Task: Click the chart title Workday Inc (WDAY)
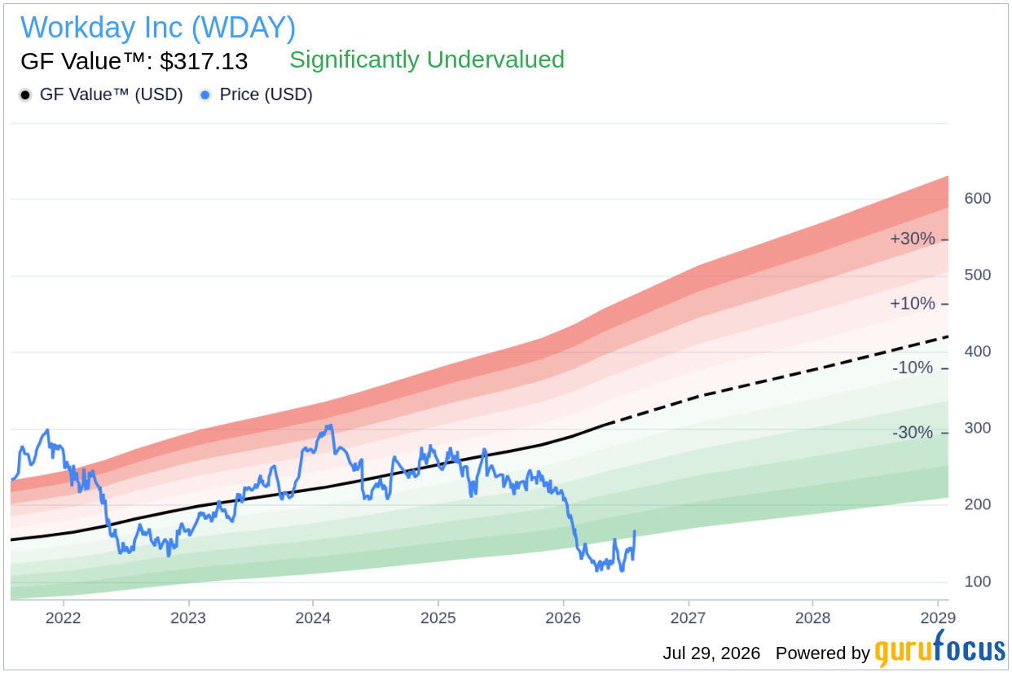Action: [158, 28]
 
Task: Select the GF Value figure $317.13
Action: [204, 61]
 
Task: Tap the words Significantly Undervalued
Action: [427, 59]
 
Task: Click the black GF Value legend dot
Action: [25, 95]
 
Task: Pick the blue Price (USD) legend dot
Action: [205, 95]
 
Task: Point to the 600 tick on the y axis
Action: [978, 198]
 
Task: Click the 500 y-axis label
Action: [978, 275]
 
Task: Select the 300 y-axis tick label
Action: [978, 428]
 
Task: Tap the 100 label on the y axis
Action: [978, 581]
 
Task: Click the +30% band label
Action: [912, 239]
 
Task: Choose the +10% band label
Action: [912, 303]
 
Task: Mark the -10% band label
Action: [913, 367]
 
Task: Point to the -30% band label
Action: [913, 433]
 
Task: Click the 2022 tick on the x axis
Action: [64, 618]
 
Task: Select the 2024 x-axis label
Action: [313, 618]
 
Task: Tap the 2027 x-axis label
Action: [688, 618]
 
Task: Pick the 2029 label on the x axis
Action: [938, 618]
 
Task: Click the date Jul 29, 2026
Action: [711, 653]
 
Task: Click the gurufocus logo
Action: [940, 649]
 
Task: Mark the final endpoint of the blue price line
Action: [636, 531]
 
